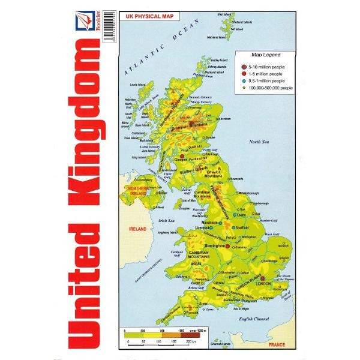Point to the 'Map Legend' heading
[x=260, y=55]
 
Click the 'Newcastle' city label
[x=236, y=179]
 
